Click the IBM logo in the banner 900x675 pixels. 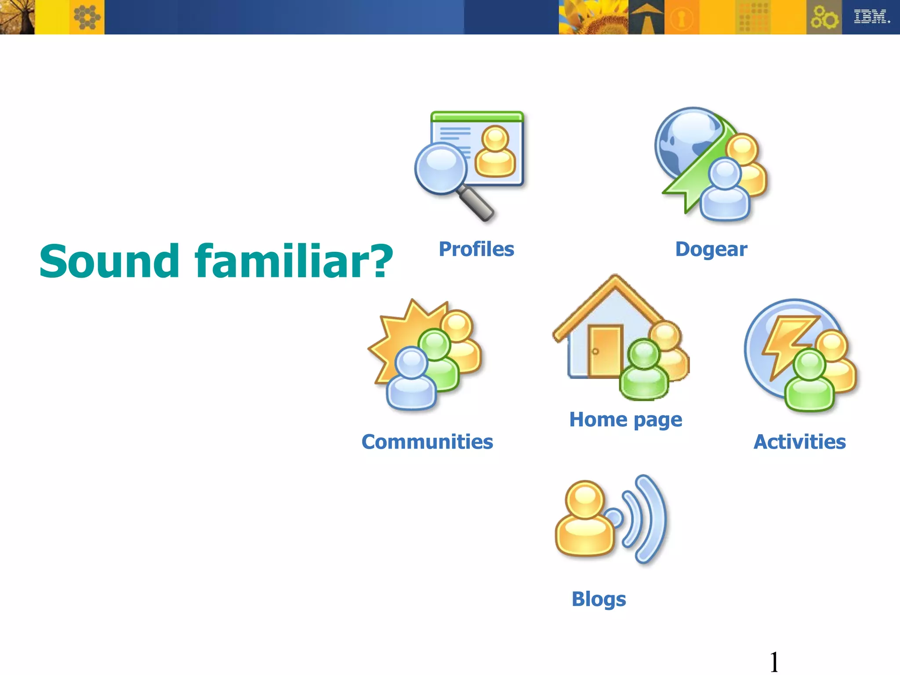[871, 17]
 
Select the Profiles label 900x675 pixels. [476, 249]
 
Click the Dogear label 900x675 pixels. [711, 249]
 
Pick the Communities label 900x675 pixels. [427, 442]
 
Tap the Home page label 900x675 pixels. [625, 420]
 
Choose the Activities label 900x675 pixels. [799, 442]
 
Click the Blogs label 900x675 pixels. [599, 599]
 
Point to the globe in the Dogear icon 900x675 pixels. [686, 141]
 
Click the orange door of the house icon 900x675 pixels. [605, 352]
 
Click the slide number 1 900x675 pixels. [774, 662]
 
